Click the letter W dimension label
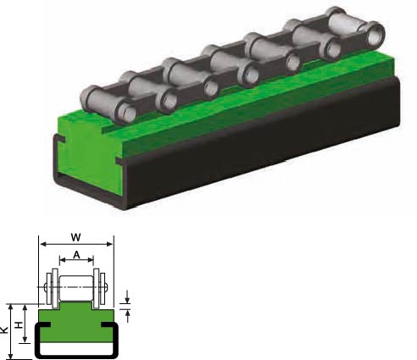[x=75, y=237]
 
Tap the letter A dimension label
[x=76, y=255]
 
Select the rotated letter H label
[x=19, y=325]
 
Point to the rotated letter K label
[x=3, y=330]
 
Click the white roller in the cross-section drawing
[x=76, y=289]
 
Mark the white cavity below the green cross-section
[x=76, y=349]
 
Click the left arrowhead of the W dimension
[x=42, y=244]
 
